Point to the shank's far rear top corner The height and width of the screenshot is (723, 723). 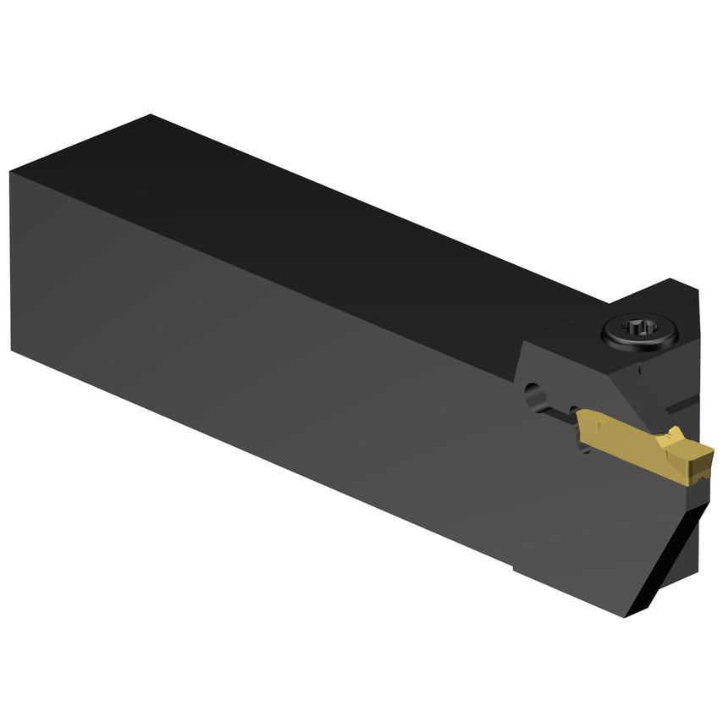pyautogui.click(x=151, y=115)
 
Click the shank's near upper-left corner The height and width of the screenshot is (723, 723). pyautogui.click(x=11, y=173)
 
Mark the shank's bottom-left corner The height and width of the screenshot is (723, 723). pyautogui.click(x=13, y=348)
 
